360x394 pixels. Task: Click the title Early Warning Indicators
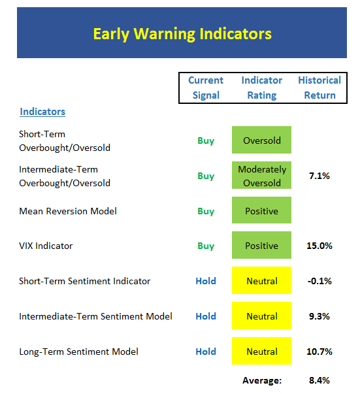click(182, 34)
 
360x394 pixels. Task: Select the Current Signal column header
click(206, 88)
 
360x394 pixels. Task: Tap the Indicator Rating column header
click(262, 88)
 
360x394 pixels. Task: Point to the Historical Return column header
click(319, 88)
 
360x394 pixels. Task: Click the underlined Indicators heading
click(42, 112)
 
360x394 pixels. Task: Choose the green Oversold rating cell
click(261, 140)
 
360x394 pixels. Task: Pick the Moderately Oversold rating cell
click(261, 175)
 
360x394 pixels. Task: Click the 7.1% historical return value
click(319, 176)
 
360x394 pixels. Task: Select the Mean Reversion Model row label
click(68, 211)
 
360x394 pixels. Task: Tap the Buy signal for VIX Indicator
click(206, 246)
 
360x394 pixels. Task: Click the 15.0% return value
click(319, 246)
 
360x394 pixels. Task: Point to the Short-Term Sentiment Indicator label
click(85, 281)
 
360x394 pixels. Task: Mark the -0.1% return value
click(319, 281)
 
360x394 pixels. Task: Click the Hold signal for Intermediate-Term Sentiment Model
click(206, 316)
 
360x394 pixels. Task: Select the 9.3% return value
click(319, 316)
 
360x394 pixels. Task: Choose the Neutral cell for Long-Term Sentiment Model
click(261, 351)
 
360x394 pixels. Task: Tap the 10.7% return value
click(319, 352)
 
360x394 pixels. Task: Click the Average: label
click(262, 380)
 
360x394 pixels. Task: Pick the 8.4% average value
click(319, 380)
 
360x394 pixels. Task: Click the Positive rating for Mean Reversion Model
click(261, 210)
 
